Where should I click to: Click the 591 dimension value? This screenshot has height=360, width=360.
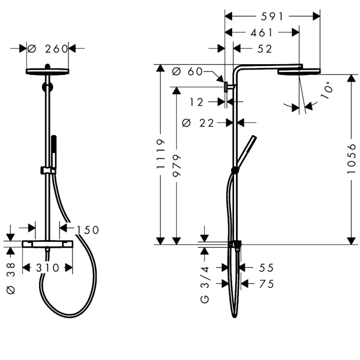pyautogui.click(x=272, y=17)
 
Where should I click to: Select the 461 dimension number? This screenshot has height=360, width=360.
pyautogui.click(x=261, y=33)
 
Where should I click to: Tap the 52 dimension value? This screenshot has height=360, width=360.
pyautogui.click(x=265, y=49)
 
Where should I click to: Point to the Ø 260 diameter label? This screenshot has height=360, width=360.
pyautogui.click(x=47, y=49)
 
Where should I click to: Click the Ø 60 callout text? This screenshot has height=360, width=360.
pyautogui.click(x=187, y=71)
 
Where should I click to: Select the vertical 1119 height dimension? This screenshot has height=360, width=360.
pyautogui.click(x=160, y=154)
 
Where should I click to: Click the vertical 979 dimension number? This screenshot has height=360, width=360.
pyautogui.click(x=176, y=166)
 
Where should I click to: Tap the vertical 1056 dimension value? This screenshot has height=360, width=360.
pyautogui.click(x=351, y=158)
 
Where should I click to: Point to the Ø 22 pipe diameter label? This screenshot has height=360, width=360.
pyautogui.click(x=198, y=123)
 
